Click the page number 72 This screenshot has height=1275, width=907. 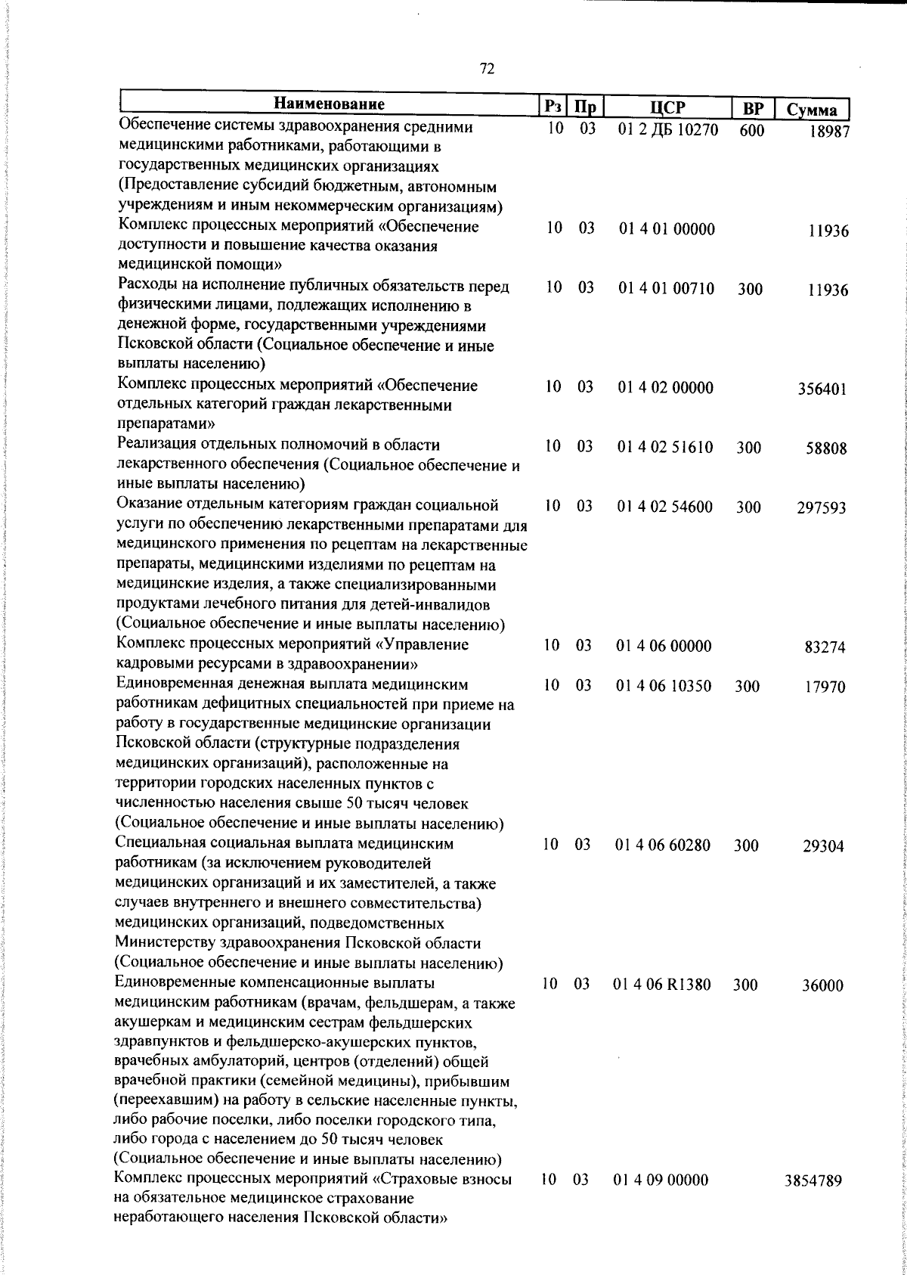[487, 70]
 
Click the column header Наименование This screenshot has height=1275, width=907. [329, 104]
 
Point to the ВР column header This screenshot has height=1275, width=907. [752, 109]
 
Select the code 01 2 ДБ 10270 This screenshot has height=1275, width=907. [667, 129]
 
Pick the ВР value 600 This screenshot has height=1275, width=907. [752, 131]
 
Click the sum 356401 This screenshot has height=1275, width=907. [822, 389]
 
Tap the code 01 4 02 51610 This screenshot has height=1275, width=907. [665, 448]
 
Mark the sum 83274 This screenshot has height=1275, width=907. [825, 647]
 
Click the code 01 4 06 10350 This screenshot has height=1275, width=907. [664, 686]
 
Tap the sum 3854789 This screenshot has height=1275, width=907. [813, 1203]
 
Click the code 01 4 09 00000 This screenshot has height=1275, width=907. [661, 1202]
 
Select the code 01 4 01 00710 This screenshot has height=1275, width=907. [666, 288]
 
